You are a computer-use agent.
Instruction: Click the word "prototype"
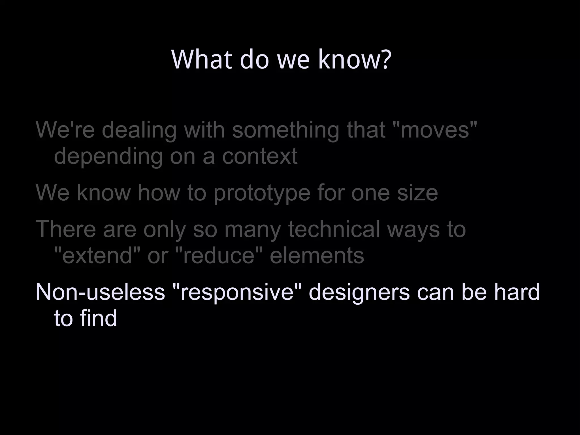[262, 193]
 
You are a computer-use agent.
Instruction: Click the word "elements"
[317, 255]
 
